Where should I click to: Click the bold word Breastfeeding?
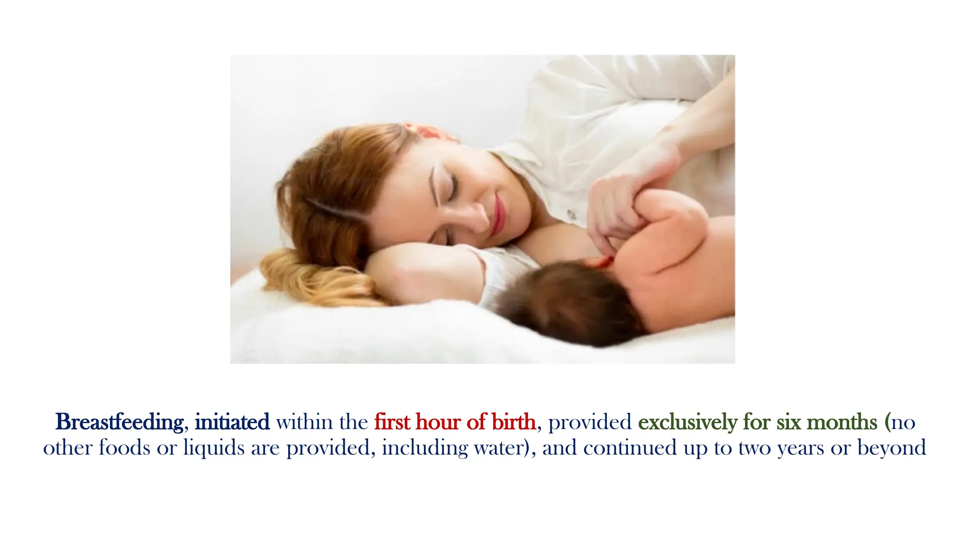[x=119, y=422]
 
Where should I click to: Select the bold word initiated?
[x=232, y=422]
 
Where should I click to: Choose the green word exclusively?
[x=687, y=422]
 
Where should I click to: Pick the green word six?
[x=789, y=422]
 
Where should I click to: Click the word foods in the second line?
[x=124, y=448]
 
